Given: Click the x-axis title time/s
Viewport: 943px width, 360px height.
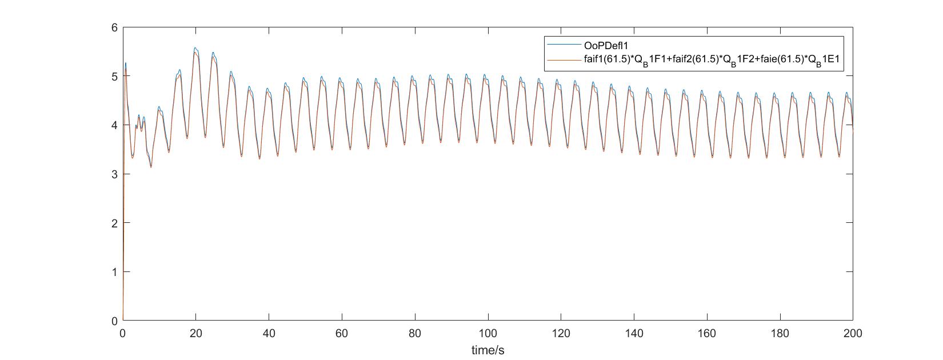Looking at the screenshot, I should coord(488,350).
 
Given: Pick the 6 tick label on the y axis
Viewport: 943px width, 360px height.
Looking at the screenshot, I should coord(115,27).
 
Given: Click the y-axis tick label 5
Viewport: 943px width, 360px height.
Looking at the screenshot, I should coord(115,76).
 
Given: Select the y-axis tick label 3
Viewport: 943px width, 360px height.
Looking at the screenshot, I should coord(115,174).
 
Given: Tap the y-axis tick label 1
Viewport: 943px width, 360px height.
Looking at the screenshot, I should coord(115,272).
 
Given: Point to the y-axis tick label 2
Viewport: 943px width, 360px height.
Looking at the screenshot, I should coord(115,223).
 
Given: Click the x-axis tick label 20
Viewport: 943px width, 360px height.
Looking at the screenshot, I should coord(196,333).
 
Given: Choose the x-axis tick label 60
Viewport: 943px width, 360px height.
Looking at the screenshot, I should coord(342,333).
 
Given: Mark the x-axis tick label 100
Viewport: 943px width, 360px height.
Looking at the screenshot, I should coord(488,333).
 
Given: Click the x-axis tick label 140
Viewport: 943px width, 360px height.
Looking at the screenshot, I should coord(634,333).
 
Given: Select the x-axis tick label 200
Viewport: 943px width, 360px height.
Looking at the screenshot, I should coord(853,333).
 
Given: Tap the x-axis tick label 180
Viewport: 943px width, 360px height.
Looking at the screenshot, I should coord(780,333).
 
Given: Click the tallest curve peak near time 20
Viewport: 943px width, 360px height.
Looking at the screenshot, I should coord(195,49).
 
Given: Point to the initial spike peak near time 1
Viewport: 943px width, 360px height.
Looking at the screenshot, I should coord(126,63).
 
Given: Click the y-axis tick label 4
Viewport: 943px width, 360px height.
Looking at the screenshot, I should coord(115,125).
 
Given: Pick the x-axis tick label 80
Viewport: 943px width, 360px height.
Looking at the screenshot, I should coord(415,333).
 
